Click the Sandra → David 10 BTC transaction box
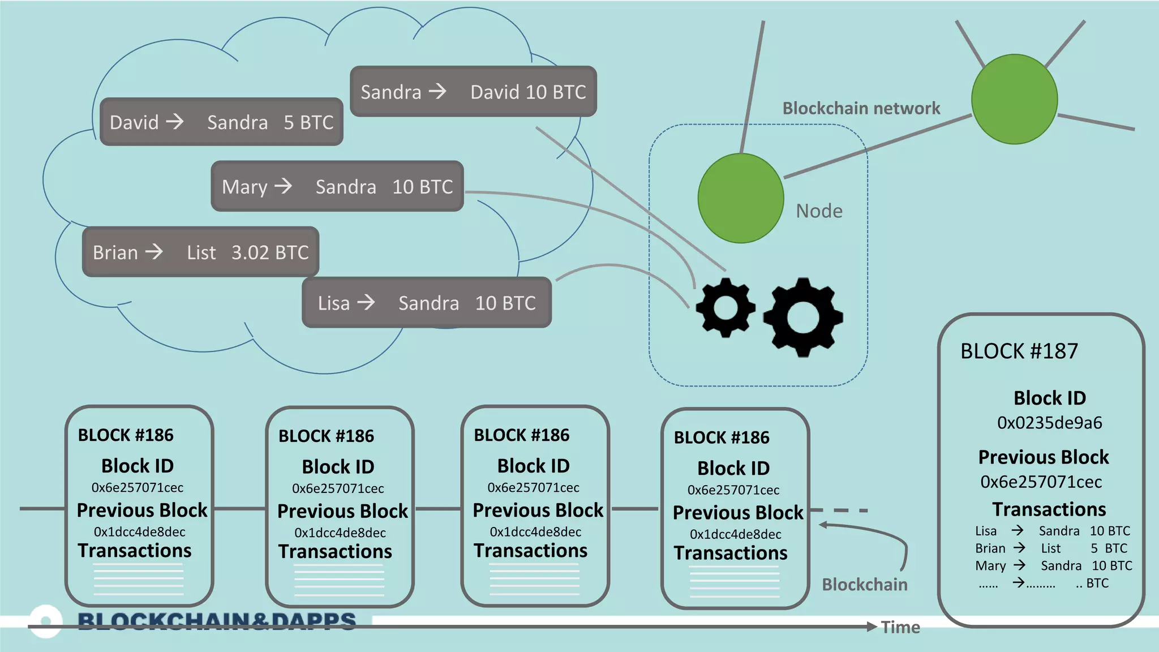pos(473,92)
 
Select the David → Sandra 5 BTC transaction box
pos(221,122)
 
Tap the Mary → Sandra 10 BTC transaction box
pos(337,186)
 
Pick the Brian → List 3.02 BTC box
pos(200,252)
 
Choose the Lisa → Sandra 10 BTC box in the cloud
pos(427,303)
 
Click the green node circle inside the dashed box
pos(740,199)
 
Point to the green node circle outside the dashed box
pos(1014,100)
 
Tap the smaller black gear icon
pos(726,308)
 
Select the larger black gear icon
pos(803,317)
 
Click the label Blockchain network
pos(861,108)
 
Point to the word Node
pos(819,211)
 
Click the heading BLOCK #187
pos(1019,351)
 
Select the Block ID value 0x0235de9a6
pos(1049,423)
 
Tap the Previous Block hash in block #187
pos(1041,482)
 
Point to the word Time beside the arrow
pos(900,627)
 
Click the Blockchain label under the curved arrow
pos(864,585)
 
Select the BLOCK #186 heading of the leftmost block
pos(126,435)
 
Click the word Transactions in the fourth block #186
pos(730,553)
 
